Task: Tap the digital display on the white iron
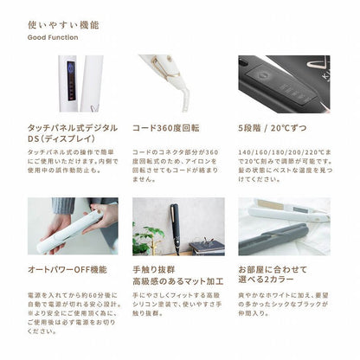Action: (x=68, y=84)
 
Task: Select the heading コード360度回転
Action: (x=167, y=128)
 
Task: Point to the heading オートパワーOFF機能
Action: (x=68, y=269)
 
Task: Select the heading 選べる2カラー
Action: (x=266, y=283)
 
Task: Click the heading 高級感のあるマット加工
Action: (x=177, y=283)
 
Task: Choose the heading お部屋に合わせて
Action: (x=273, y=269)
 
